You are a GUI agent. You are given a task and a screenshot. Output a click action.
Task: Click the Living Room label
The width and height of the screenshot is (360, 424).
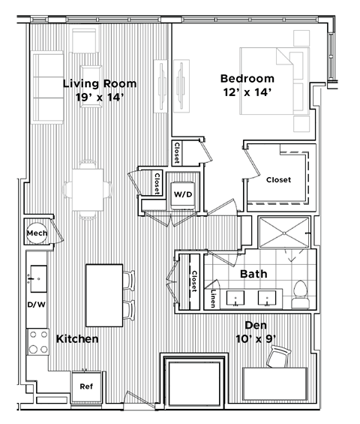click(x=94, y=83)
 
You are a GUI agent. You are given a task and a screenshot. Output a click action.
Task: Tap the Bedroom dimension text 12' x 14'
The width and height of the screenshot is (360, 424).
click(x=247, y=92)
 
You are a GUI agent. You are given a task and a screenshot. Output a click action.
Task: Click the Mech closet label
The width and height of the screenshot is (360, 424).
click(x=37, y=233)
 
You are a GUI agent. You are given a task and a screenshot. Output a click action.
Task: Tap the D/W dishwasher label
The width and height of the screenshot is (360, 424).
click(x=36, y=305)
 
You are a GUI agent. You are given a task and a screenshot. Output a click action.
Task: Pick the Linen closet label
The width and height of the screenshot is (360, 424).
click(x=214, y=298)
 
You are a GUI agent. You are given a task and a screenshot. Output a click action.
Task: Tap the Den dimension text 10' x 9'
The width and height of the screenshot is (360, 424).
click(x=254, y=338)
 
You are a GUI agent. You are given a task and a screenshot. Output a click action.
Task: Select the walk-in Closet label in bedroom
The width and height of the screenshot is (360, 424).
click(x=278, y=179)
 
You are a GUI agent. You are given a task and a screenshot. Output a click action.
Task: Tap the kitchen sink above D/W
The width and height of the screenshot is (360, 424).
click(x=36, y=278)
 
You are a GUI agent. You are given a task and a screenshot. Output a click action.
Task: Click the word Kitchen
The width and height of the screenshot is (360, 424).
click(x=77, y=339)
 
